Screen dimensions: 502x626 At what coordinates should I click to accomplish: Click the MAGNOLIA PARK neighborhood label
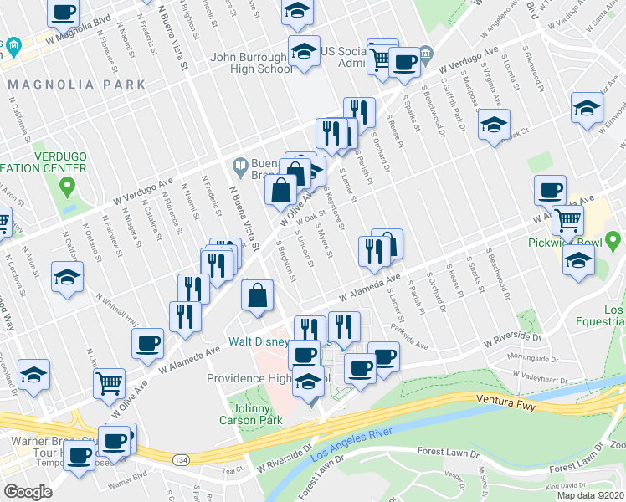[x=76, y=85]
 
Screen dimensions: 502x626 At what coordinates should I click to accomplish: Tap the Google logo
[x=27, y=492]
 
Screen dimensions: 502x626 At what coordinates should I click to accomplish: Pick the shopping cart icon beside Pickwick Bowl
[x=568, y=220]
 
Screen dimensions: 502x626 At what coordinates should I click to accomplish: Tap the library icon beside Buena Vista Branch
[x=241, y=166]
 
